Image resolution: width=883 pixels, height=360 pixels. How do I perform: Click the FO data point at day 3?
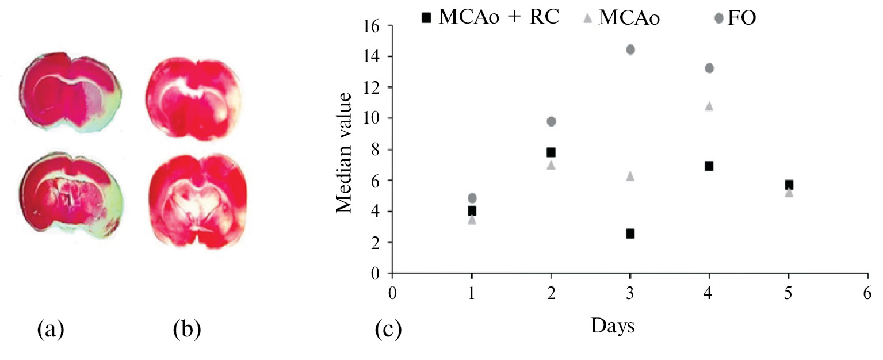[x=630, y=49]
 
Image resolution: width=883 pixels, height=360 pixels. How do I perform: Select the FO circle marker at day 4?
[x=709, y=68]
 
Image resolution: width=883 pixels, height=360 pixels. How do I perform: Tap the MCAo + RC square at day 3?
[x=630, y=233]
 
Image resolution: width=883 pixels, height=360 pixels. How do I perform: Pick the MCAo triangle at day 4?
[x=709, y=106]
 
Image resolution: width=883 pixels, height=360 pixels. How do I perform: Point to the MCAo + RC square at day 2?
[x=551, y=152]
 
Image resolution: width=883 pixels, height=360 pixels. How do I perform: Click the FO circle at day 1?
[x=472, y=198]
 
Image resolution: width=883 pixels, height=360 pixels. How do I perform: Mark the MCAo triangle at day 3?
[x=630, y=176]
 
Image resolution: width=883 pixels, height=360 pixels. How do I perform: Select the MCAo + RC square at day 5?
[x=789, y=185]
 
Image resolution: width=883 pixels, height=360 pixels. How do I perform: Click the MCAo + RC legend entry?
[x=492, y=18]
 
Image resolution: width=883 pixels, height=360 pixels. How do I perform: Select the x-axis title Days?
[x=613, y=326]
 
